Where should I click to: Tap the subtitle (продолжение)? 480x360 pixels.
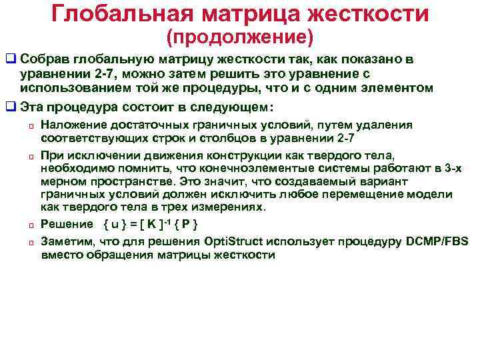coord(239,34)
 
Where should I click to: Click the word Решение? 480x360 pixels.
coord(66,223)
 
